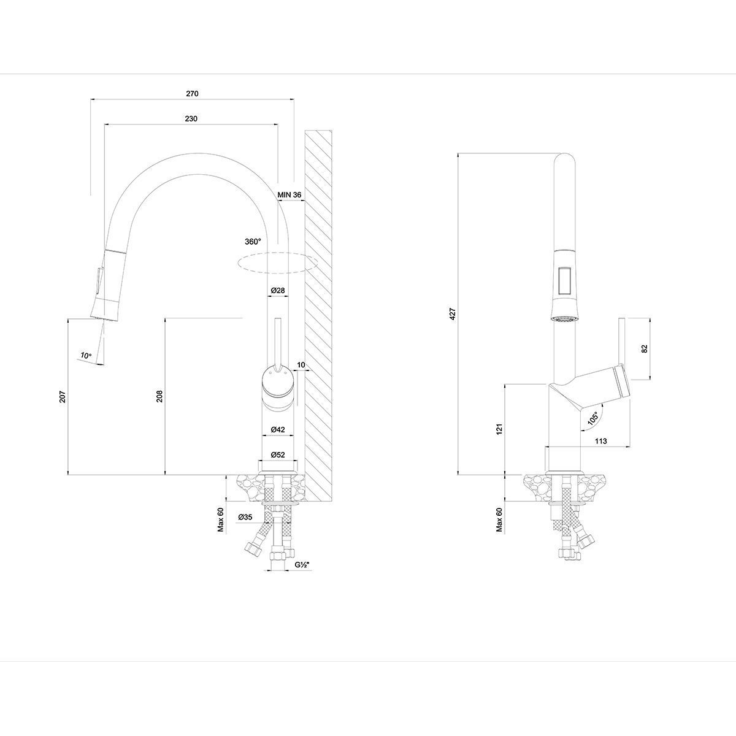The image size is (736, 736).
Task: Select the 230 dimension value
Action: point(191,119)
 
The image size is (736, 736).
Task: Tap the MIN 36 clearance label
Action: point(289,195)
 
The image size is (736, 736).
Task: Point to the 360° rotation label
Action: point(253,242)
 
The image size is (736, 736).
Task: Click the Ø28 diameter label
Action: point(278,290)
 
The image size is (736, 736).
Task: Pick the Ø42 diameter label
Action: point(278,430)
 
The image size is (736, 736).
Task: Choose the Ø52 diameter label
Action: point(278,455)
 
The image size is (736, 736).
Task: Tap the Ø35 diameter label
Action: point(245,517)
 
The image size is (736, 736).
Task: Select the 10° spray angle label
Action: point(86,356)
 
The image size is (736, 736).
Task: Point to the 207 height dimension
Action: point(63,396)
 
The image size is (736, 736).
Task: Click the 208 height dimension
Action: point(159,396)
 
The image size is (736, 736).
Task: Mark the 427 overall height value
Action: point(453,313)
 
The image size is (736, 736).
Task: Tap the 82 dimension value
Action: point(645,349)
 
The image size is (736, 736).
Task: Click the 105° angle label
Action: point(593,418)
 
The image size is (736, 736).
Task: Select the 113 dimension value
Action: point(601,441)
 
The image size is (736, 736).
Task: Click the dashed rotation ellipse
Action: point(277,263)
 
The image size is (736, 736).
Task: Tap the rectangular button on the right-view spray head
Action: point(564,280)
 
